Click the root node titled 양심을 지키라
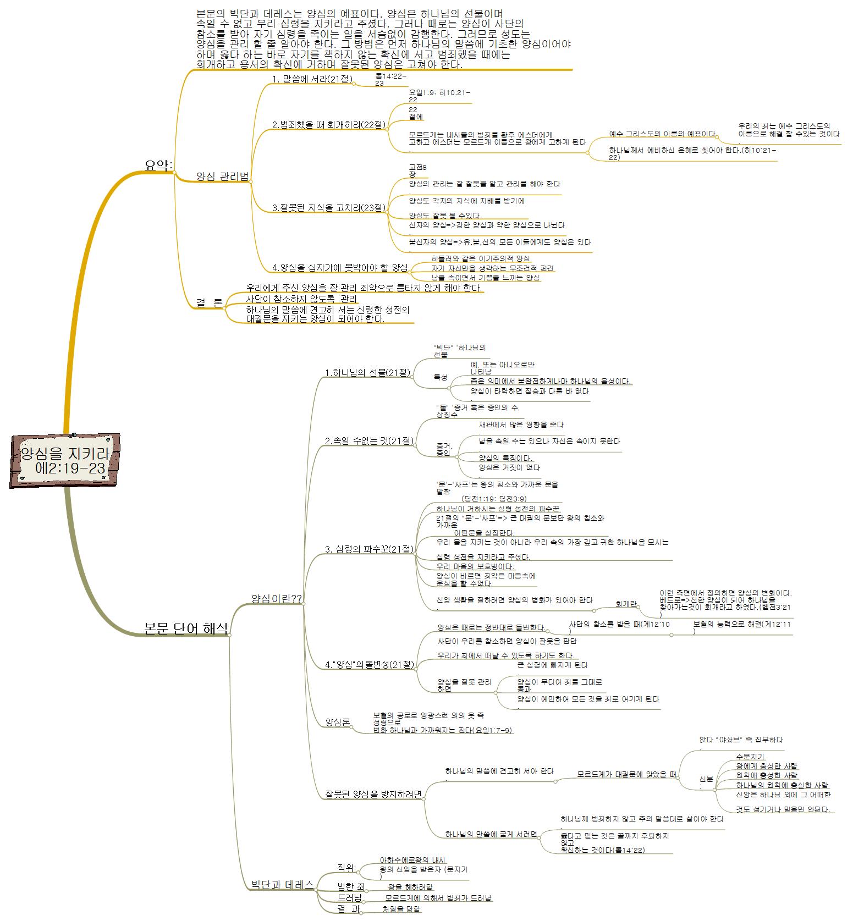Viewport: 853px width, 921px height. (65, 461)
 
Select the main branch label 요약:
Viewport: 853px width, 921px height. (158, 165)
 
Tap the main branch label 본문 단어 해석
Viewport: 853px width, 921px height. (186, 628)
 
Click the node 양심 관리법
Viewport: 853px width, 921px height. (223, 176)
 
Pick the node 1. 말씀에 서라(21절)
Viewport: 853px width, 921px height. (312, 80)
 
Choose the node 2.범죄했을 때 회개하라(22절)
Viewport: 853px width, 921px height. (329, 125)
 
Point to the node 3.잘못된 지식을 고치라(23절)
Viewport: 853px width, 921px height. (329, 208)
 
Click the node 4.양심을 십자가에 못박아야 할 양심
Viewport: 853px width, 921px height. (340, 268)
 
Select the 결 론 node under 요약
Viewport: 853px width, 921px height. (210, 303)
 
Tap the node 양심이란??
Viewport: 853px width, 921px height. (276, 598)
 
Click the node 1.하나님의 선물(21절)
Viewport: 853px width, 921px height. (368, 373)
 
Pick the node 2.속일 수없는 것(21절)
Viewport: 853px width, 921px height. (369, 441)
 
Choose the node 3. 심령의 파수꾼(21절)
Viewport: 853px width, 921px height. (369, 549)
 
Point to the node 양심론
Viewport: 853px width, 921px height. (338, 722)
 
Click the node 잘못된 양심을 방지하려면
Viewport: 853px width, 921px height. (373, 794)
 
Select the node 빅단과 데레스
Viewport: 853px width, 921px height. (282, 884)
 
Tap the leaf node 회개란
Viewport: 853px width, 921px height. (626, 604)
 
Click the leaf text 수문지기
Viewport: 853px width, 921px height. (751, 757)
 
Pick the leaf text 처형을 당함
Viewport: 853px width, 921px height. (401, 909)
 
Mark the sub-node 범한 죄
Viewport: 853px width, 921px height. (351, 886)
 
